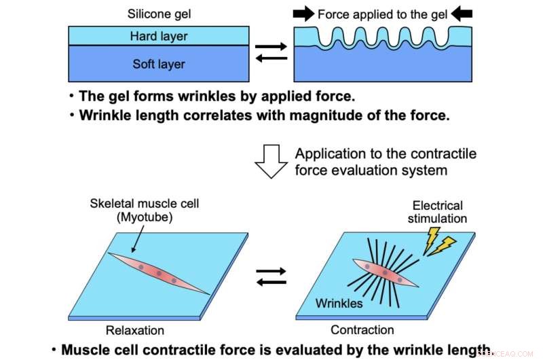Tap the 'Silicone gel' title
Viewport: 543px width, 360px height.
tap(157, 14)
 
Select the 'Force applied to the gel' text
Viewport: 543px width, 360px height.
tap(383, 14)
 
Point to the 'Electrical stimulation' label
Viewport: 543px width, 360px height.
tap(438, 212)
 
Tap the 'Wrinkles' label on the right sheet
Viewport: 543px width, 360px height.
tap(339, 303)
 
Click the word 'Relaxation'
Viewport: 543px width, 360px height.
tap(134, 331)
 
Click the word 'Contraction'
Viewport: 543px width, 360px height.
tap(362, 331)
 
